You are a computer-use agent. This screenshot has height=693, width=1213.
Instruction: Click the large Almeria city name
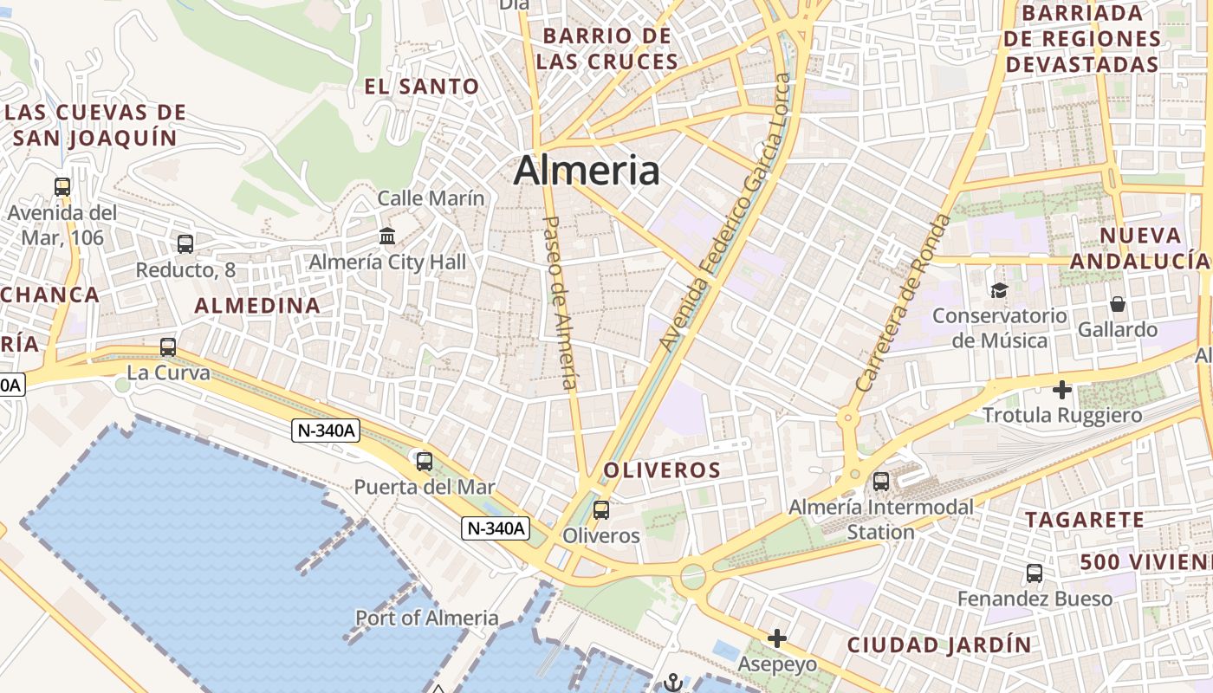[587, 171]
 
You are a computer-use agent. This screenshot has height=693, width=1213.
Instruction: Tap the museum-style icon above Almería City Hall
[387, 236]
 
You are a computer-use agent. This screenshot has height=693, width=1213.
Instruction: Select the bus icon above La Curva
[168, 347]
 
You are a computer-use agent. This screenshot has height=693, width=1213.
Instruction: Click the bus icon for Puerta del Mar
[425, 462]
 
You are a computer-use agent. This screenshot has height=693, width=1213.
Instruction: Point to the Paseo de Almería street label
[560, 302]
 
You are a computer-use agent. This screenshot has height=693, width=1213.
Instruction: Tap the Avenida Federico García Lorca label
[724, 213]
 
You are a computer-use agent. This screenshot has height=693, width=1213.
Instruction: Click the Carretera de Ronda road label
[902, 303]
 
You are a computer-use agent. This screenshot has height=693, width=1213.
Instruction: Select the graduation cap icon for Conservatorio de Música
[1000, 290]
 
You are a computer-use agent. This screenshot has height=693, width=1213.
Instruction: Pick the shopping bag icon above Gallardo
[1118, 304]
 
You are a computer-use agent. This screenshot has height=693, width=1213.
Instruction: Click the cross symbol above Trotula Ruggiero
[1062, 390]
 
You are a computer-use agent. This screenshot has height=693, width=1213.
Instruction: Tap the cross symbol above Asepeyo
[777, 638]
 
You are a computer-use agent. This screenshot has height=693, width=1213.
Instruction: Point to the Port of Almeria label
[427, 618]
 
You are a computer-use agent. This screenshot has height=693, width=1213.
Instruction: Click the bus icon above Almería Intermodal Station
[881, 481]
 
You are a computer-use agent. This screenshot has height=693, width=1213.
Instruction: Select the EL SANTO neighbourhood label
[422, 87]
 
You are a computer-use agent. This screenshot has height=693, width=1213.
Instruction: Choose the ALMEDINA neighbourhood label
[257, 305]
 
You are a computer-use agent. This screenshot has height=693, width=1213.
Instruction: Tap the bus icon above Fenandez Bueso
[1035, 573]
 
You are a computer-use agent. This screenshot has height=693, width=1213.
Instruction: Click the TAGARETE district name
[1086, 520]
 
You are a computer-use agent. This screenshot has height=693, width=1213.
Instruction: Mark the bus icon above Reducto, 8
[185, 244]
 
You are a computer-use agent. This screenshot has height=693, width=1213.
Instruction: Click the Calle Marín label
[431, 198]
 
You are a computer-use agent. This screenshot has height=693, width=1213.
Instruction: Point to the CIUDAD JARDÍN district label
[940, 645]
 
